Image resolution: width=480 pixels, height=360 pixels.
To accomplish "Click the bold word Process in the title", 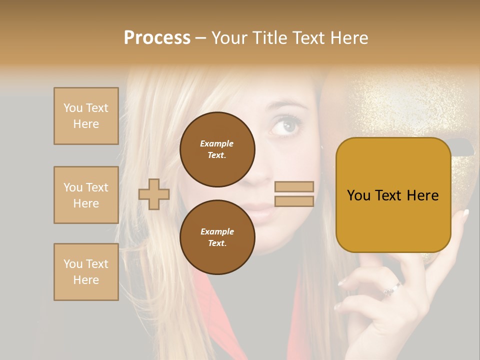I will (x=157, y=38).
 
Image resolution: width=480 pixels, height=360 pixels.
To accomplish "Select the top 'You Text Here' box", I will (x=86, y=116).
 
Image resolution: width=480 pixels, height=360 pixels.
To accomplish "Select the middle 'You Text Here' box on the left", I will (x=86, y=195).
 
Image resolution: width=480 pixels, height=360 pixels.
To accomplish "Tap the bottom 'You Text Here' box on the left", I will (x=86, y=272).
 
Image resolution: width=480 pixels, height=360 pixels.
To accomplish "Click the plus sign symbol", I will (x=154, y=194).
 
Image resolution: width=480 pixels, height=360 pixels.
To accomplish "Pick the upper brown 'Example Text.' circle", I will (x=217, y=149).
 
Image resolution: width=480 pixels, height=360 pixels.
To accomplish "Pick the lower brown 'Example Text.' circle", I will (x=217, y=237).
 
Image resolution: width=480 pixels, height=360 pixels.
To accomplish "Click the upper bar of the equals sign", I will (x=294, y=187).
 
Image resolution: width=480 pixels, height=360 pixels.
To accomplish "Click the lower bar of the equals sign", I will (x=294, y=201).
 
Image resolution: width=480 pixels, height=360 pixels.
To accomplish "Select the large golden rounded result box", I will (x=393, y=195).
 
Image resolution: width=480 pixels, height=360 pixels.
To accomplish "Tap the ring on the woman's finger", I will (x=392, y=289).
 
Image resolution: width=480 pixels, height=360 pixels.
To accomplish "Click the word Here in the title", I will (x=348, y=38).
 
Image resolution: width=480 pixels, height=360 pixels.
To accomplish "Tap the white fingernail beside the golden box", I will (x=466, y=213).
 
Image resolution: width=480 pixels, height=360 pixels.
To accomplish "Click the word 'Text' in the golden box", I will (x=393, y=195).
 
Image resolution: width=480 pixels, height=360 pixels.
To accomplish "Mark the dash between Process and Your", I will (x=200, y=38).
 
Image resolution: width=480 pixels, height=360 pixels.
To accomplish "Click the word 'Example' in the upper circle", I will (x=217, y=143).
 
